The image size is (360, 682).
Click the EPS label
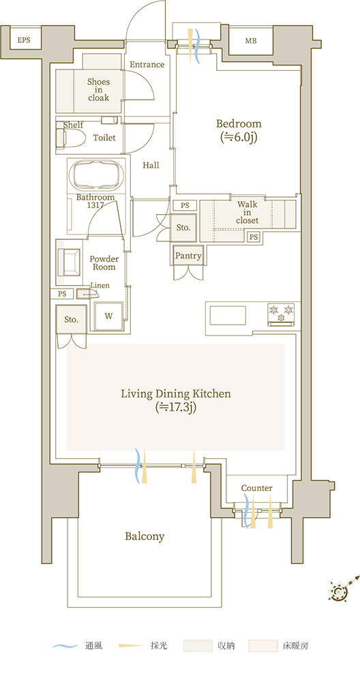tap(24, 40)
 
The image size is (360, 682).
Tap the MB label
tap(251, 42)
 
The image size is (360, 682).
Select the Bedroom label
tap(239, 123)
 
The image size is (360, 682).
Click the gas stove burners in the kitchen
tap(282, 314)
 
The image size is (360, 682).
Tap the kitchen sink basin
tap(228, 315)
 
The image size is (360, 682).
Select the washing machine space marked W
tap(108, 316)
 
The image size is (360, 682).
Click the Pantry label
tap(188, 256)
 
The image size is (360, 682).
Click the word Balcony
tap(145, 537)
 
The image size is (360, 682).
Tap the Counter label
tap(256, 488)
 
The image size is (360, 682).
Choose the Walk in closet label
tap(247, 212)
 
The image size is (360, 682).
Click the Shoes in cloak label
tap(99, 89)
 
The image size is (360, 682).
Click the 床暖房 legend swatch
tap(263, 646)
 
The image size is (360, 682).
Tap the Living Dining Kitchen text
tap(176, 394)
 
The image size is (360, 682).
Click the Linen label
tap(100, 285)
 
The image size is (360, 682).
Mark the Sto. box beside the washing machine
tap(72, 320)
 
